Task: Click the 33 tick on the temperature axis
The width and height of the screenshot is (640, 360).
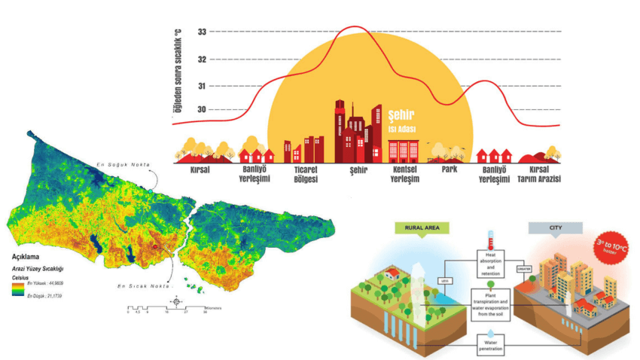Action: click(202, 32)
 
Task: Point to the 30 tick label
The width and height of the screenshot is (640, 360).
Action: click(202, 110)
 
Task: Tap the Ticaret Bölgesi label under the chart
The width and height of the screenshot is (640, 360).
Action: click(305, 175)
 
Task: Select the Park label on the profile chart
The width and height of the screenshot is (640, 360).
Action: click(450, 170)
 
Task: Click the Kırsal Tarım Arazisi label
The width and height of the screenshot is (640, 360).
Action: click(541, 175)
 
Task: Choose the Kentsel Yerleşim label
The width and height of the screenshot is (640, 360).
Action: click(405, 175)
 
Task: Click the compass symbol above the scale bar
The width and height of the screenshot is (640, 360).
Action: click(176, 301)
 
